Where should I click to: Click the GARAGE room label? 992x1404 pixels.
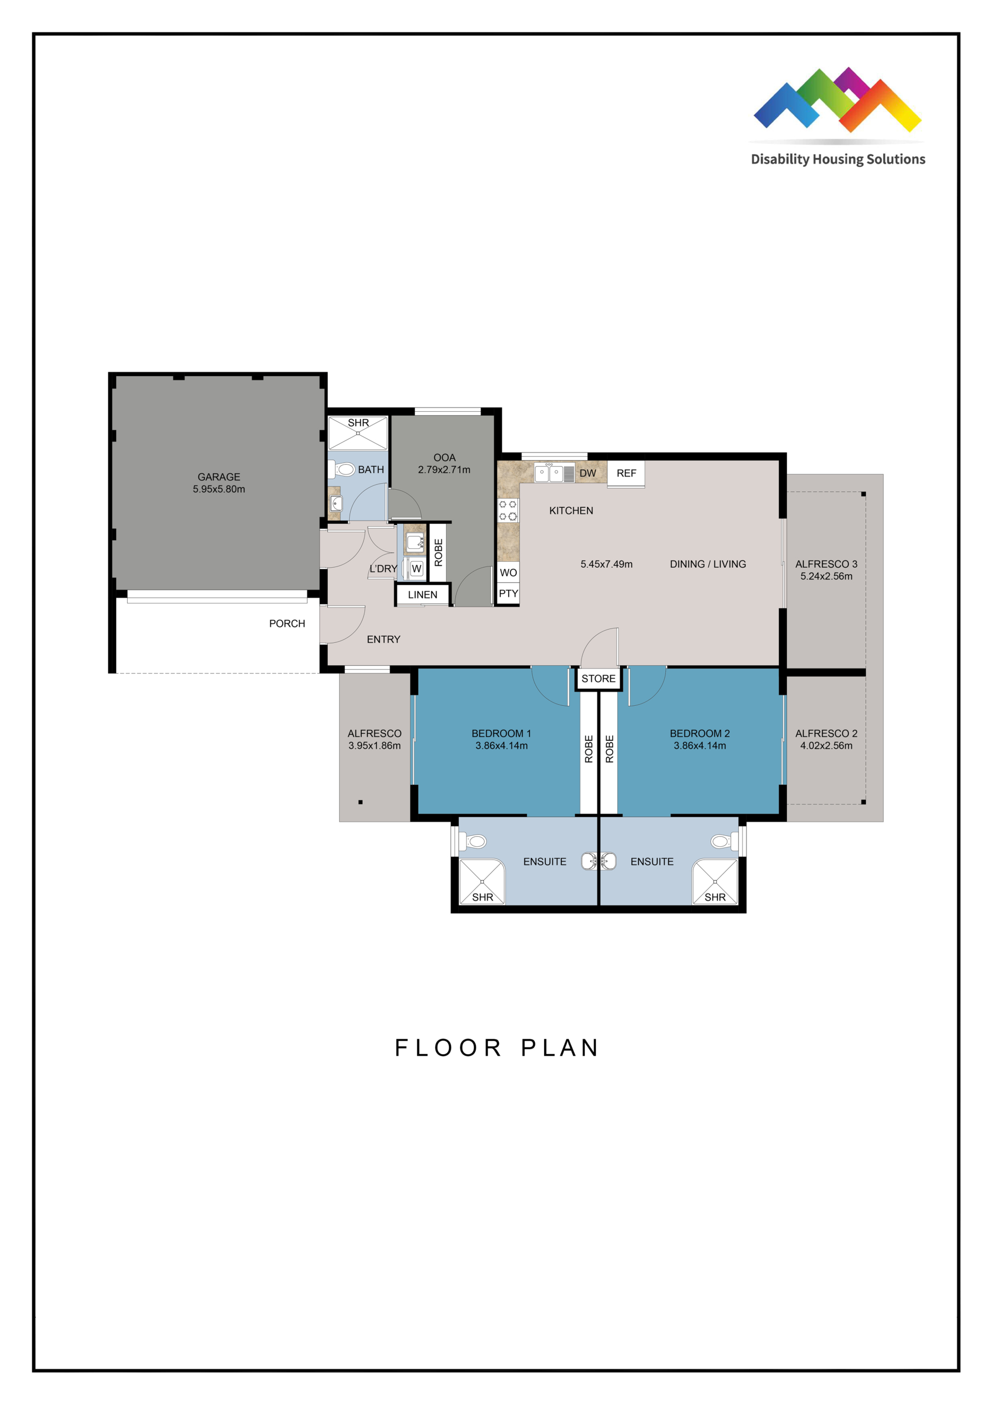click(x=219, y=477)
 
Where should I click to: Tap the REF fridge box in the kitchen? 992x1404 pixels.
click(x=626, y=474)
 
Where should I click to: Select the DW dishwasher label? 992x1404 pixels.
click(x=588, y=473)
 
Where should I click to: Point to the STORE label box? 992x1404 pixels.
click(x=598, y=679)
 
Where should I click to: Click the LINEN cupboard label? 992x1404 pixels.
click(x=423, y=595)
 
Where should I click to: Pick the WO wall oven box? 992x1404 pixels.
click(x=508, y=573)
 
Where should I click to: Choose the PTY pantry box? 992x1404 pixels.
click(x=508, y=594)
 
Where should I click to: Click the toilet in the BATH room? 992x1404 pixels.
click(x=343, y=469)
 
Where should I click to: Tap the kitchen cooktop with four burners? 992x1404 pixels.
click(x=508, y=511)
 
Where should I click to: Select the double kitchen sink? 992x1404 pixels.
click(x=549, y=472)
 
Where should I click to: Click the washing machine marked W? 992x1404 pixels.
click(x=417, y=569)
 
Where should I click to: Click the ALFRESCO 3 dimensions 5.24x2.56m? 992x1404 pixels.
click(x=826, y=576)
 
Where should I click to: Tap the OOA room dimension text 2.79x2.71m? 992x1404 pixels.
click(x=444, y=469)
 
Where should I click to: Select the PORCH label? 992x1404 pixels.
click(x=287, y=624)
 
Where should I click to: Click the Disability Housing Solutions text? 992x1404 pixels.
click(x=838, y=160)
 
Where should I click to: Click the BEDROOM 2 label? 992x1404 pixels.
click(x=700, y=733)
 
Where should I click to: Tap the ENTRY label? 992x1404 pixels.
click(x=383, y=639)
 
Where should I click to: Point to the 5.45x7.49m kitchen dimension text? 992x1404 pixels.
click(x=606, y=564)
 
